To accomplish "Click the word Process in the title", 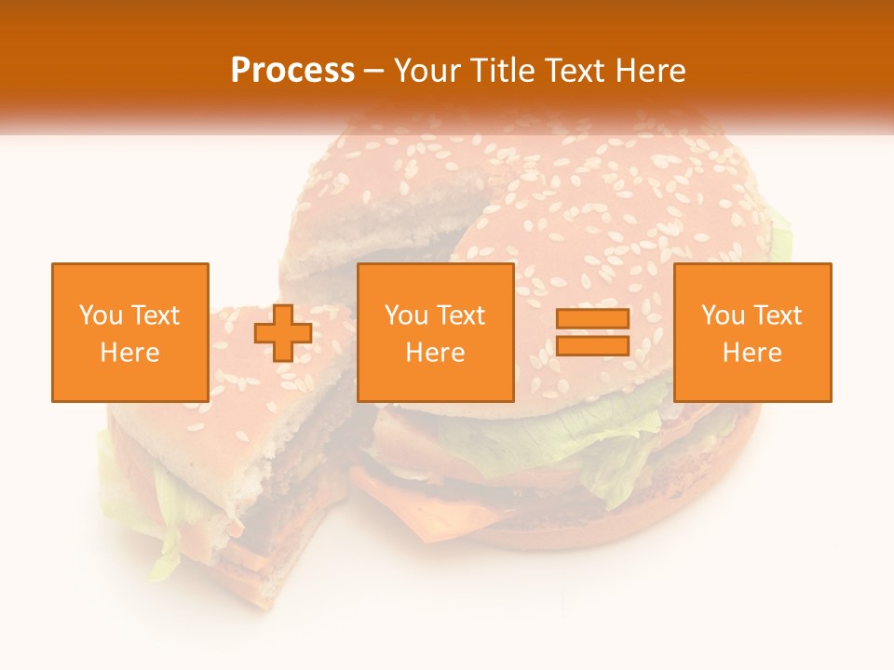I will point(292,71).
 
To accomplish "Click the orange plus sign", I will point(283,333).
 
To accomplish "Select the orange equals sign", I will point(592,333).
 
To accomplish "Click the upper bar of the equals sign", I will point(592,319).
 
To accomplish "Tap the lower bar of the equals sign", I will point(592,346).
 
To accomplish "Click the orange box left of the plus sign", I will point(130,332).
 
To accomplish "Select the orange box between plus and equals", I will point(436,332).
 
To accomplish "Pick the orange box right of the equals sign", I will point(752,332).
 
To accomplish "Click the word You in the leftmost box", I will point(99,315).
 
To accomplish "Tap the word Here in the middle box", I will point(436,353).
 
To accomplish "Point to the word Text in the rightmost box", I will point(778,315).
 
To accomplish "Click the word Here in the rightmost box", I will point(752,353).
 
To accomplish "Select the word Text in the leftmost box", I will point(156,315).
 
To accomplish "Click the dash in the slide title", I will point(374,72).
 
